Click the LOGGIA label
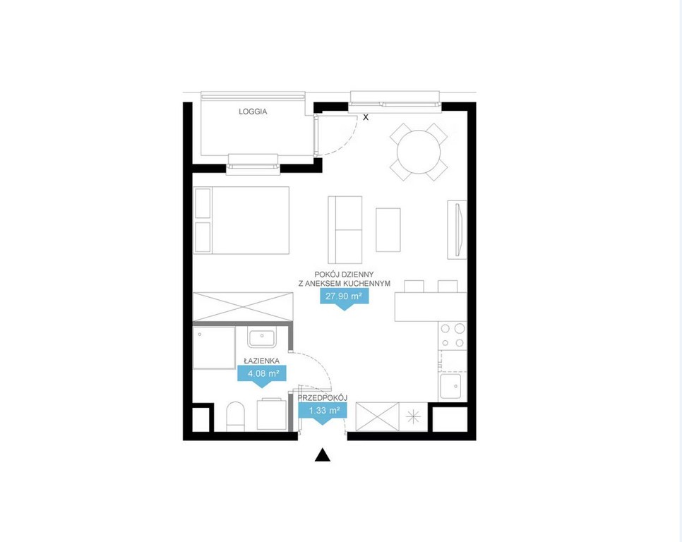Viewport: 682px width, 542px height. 253,112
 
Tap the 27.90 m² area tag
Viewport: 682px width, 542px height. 344,298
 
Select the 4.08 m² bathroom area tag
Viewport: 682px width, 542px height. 262,375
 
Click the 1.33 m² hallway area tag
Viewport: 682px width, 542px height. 323,411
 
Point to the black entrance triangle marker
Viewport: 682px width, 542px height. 323,454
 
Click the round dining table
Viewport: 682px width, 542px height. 419,152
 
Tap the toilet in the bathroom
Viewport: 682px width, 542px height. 235,416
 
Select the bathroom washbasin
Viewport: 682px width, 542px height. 261,339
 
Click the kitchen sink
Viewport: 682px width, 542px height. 450,387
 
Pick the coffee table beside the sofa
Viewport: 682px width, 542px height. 388,230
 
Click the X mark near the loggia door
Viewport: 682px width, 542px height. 366,117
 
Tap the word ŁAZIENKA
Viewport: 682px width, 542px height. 261,361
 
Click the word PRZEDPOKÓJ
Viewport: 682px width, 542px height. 323,398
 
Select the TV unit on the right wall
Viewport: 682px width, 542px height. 457,230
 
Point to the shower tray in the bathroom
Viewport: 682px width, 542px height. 214,348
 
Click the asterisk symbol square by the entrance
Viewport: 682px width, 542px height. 413,417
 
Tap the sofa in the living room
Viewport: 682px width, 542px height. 345,230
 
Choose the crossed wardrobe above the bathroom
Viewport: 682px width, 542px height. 243,308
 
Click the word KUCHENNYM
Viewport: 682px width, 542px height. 368,284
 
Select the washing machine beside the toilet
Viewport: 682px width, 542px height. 272,414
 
